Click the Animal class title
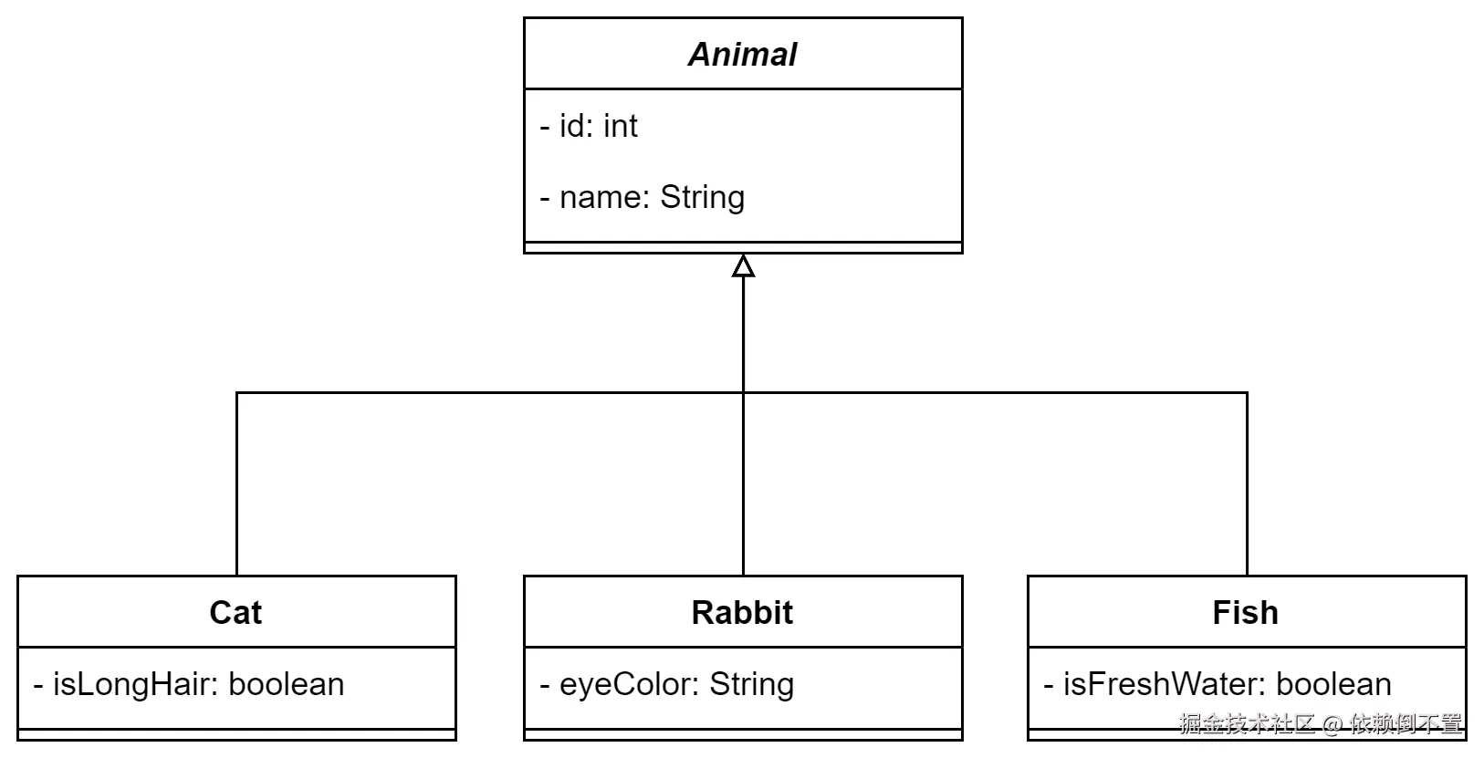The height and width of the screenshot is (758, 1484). (x=742, y=55)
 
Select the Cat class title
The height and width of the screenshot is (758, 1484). (x=235, y=612)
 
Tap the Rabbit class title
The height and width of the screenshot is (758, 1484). (x=742, y=612)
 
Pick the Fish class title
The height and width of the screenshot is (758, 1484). (x=1245, y=612)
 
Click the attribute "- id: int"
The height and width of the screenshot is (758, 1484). (x=589, y=126)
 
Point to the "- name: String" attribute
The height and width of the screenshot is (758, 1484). (x=643, y=197)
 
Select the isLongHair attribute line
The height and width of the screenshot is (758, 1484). (x=189, y=684)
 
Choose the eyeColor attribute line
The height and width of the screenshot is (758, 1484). (x=667, y=684)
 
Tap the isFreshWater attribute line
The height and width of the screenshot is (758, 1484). (x=1218, y=684)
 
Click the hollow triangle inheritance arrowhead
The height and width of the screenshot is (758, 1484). (x=743, y=266)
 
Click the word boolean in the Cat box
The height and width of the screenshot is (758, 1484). (x=287, y=684)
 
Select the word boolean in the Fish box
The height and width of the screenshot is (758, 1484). (x=1333, y=684)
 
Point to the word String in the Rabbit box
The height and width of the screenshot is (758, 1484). (x=751, y=684)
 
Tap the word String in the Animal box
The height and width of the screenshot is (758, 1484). (x=702, y=197)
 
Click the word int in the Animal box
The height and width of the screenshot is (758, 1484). (x=620, y=126)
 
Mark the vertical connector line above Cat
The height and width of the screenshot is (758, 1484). (x=236, y=483)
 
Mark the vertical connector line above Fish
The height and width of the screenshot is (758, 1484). (x=1247, y=483)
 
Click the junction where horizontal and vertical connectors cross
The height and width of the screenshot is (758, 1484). (x=743, y=393)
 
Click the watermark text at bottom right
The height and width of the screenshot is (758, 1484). (x=1320, y=724)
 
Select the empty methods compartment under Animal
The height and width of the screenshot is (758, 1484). (x=743, y=247)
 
